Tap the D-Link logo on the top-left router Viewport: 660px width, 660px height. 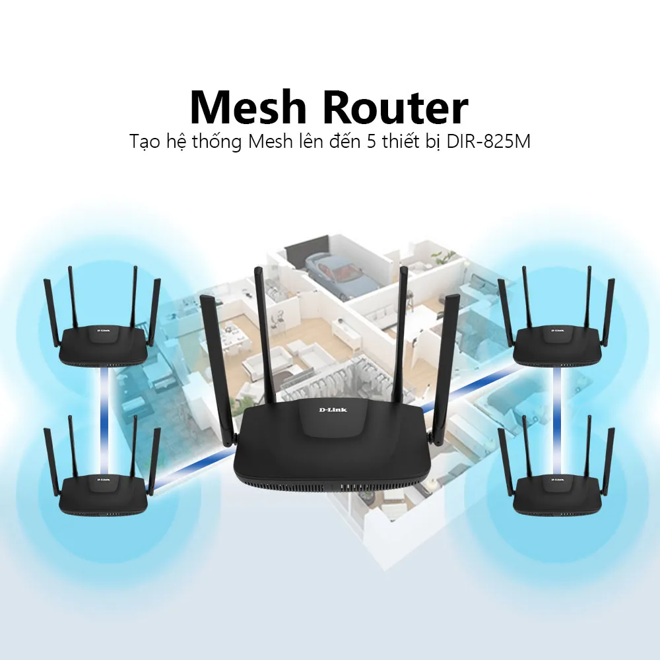coord(104,329)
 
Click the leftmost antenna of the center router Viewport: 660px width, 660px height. coord(216,370)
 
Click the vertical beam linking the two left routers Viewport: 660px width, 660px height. coord(104,396)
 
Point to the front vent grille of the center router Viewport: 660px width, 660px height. coord(330,489)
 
